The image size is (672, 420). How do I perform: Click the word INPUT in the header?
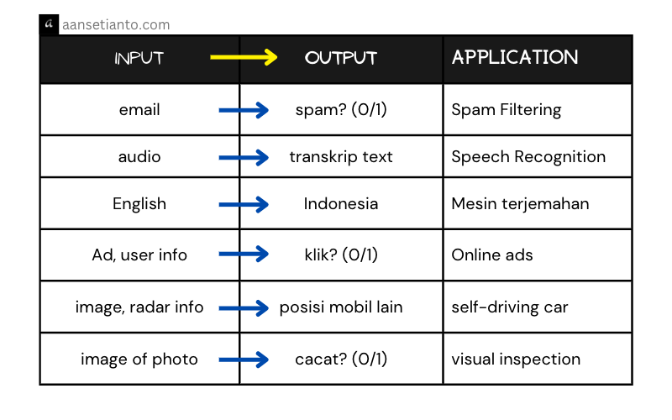pos(139,59)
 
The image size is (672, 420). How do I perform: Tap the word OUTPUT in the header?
pos(341,59)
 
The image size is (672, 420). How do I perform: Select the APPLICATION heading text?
pos(515,57)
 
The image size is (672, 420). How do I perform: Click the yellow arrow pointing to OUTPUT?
pos(243,57)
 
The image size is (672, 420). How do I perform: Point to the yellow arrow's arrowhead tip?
pos(276,57)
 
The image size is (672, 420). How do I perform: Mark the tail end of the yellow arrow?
pos(213,57)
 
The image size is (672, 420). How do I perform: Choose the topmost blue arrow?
pos(243,110)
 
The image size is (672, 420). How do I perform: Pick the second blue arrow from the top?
pos(243,157)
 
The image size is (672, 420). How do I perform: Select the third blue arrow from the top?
pos(243,204)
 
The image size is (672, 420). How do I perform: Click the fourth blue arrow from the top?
pos(243,253)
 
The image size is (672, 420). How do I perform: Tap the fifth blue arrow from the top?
pos(243,308)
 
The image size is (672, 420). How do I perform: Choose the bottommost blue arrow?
pos(243,360)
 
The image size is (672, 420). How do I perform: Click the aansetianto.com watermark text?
pos(116,25)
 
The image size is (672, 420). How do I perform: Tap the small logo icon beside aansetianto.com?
pos(50,24)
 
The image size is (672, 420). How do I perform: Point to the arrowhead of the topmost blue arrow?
pos(265,110)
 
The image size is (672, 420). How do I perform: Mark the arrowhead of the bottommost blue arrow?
pos(265,360)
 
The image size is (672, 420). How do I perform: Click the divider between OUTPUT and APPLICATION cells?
pos(443,59)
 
